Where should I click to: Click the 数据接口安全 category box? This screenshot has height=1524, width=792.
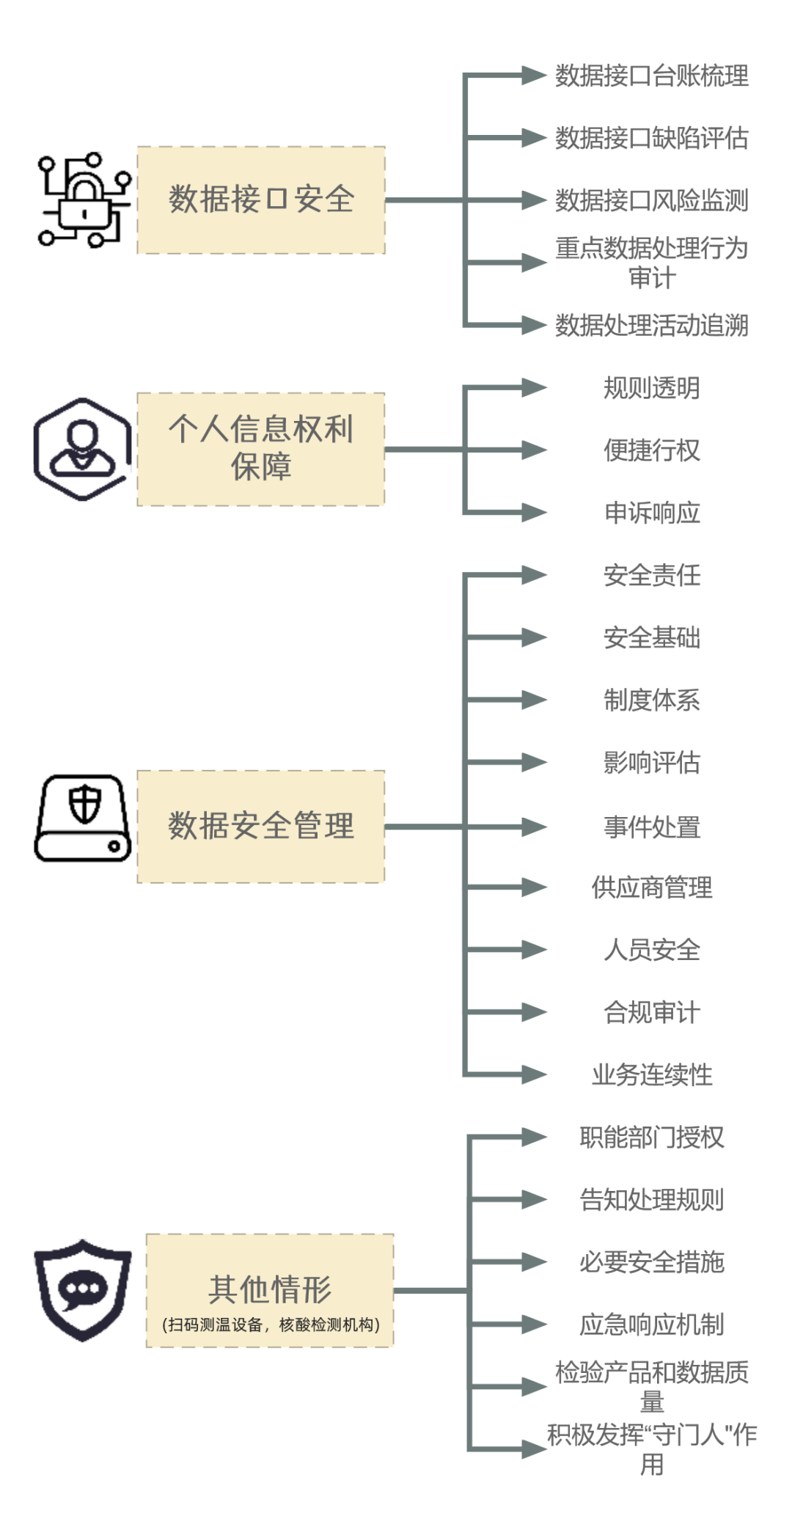261,200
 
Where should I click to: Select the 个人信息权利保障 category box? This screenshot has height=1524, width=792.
261,449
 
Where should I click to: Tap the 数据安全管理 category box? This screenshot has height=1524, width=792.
261,827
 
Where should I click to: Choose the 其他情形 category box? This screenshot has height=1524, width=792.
270,1291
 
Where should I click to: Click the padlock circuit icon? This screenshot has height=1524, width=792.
84,199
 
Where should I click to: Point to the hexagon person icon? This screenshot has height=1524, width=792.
83,450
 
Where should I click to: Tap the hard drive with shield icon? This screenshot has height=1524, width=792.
83,818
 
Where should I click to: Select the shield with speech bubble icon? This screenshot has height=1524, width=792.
83,1291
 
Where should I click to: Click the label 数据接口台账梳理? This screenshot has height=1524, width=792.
652,76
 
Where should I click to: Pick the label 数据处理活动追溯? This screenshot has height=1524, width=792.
652,325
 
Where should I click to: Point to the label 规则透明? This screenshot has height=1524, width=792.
652,387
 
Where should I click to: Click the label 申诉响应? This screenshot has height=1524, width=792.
652,512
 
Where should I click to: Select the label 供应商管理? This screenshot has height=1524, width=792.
652,887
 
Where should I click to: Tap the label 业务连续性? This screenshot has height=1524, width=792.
652,1074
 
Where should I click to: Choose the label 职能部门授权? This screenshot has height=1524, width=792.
652,1137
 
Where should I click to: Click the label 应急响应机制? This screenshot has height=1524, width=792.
652,1324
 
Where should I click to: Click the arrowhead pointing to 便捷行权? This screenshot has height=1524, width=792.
534,450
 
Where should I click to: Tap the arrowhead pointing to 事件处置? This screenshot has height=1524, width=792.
534,827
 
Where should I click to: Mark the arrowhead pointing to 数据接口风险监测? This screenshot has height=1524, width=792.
534,200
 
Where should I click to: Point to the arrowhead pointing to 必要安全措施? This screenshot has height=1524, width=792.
534,1261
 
